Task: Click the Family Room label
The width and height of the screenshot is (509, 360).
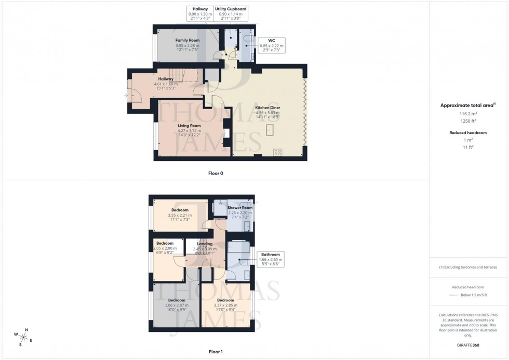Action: [x=187, y=40]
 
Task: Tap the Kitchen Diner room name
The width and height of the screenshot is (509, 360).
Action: [x=267, y=108]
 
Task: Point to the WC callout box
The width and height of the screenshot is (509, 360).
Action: [x=271, y=45]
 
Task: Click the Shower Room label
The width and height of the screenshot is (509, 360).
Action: [x=240, y=208]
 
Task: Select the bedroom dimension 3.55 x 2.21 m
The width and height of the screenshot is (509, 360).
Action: [x=180, y=215]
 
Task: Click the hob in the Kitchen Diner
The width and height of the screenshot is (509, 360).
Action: [x=278, y=153]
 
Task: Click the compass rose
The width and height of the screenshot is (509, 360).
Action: [x=23, y=337]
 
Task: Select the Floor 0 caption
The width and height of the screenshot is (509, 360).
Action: [x=216, y=173]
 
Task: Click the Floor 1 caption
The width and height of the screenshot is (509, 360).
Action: [x=216, y=352]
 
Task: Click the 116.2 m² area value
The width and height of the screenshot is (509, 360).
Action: [x=468, y=113]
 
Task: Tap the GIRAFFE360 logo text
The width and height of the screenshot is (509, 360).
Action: [x=468, y=345]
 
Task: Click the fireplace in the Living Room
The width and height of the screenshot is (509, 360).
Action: [x=226, y=133]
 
